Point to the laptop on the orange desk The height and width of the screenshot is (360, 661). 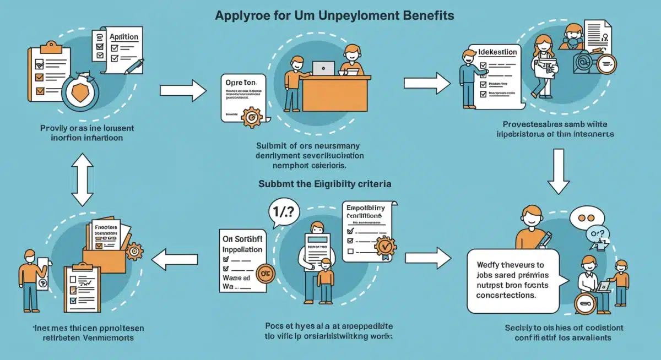[323, 68]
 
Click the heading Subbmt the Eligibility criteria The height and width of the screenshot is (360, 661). [325, 184]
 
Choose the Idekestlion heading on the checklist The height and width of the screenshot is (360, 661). [497, 52]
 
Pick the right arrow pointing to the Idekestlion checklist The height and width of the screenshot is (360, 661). [427, 83]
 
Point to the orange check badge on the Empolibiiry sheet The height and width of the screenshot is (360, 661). [384, 246]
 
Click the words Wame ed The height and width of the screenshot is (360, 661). [237, 279]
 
